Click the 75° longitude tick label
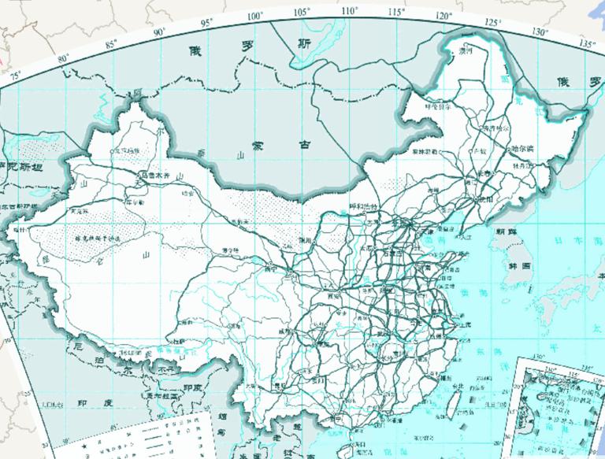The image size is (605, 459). tap(15, 76)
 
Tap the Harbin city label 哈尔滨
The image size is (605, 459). tap(520, 148)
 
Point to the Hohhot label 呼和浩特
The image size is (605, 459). tap(364, 206)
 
